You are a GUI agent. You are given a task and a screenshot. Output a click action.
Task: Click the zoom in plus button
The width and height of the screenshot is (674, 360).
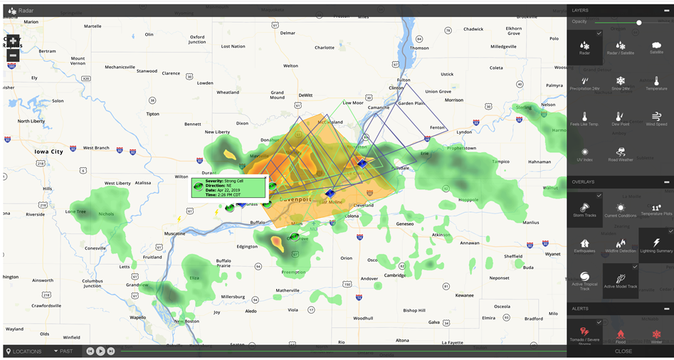point(13,41)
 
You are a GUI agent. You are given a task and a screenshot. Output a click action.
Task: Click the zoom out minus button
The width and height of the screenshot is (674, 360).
point(13,55)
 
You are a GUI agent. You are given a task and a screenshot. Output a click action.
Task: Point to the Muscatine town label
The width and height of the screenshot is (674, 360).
point(174,233)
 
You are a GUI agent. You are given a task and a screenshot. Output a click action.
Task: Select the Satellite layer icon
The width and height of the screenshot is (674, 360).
point(656,48)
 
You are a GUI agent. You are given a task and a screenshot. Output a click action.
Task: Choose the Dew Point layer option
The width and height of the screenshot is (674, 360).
point(621,119)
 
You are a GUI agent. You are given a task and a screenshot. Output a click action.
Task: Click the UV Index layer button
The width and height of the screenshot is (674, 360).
point(584,154)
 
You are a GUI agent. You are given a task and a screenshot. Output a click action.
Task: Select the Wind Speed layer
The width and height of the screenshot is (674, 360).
point(656,119)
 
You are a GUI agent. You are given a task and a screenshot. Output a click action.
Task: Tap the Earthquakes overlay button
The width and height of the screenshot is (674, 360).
point(584,245)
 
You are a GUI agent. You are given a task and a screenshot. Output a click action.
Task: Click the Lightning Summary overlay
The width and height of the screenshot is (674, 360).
point(656,245)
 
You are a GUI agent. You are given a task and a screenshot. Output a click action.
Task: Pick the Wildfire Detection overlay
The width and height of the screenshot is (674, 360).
point(621,245)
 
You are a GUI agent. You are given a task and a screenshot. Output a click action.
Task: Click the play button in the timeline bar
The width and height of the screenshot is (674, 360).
point(100,351)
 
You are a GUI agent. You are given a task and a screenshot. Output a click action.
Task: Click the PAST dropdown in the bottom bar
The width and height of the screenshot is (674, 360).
point(63,351)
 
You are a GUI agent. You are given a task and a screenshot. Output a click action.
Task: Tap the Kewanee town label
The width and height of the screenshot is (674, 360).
point(464,295)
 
